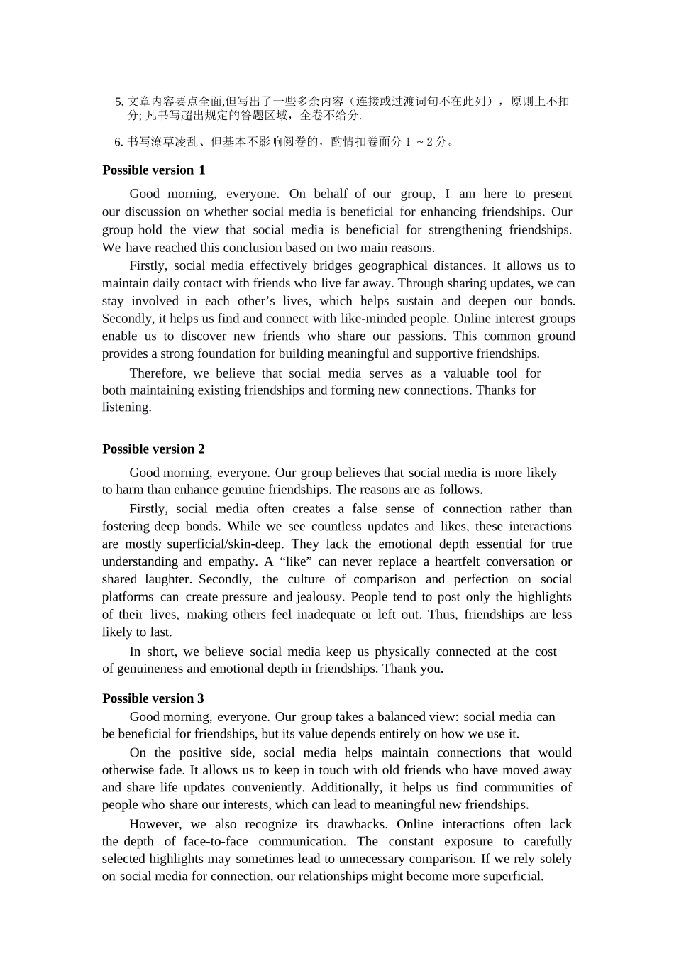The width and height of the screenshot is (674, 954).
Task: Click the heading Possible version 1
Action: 153,170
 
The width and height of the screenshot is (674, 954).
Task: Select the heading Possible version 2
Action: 153,449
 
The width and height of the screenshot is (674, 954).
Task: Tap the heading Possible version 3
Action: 153,698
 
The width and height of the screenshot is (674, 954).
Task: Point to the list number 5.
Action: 118,102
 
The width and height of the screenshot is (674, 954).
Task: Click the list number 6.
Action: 118,142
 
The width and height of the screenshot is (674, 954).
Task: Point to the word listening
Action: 126,407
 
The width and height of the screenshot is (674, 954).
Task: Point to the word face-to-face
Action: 216,841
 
